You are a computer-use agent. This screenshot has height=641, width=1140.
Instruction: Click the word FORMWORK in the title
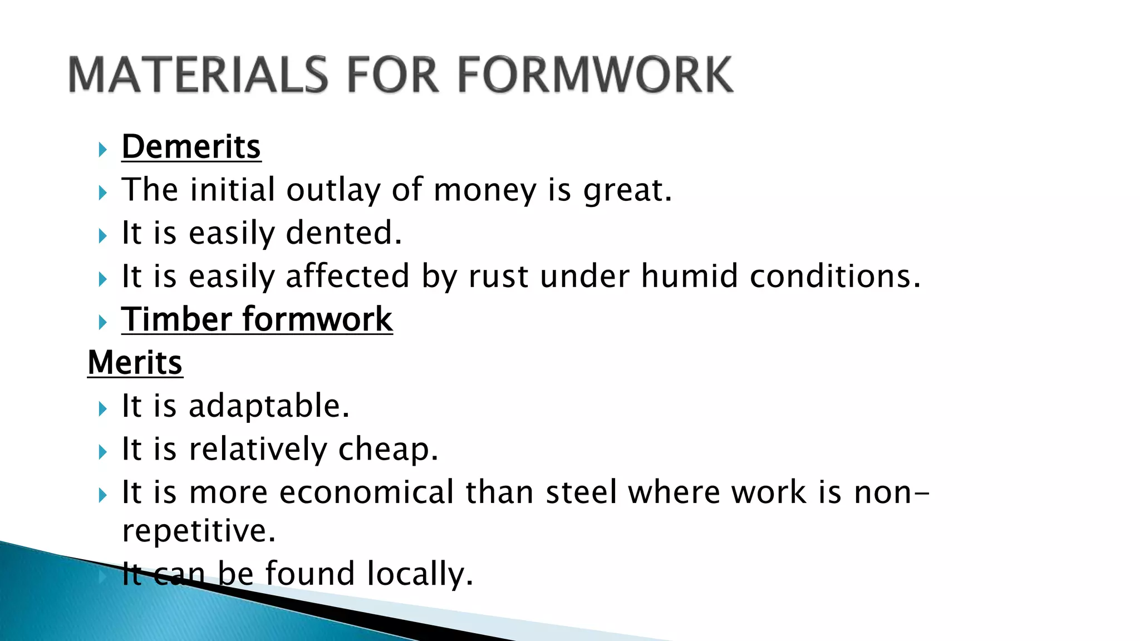pyautogui.click(x=594, y=75)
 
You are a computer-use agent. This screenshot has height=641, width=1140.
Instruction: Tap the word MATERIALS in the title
pyautogui.click(x=198, y=75)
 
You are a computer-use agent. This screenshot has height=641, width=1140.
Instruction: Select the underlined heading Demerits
pyautogui.click(x=191, y=147)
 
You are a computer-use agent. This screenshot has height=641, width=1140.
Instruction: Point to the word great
pyautogui.click(x=627, y=190)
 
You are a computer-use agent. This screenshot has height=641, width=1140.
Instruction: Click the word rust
pyautogui.click(x=498, y=276)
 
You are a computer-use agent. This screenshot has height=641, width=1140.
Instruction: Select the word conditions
pyautogui.click(x=835, y=276)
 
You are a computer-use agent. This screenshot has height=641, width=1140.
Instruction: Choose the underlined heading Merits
pyautogui.click(x=135, y=363)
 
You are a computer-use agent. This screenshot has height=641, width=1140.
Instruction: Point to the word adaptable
pyautogui.click(x=269, y=406)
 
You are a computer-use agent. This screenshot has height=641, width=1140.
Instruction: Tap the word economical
pyautogui.click(x=367, y=492)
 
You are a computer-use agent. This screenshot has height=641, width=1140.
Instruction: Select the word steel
pyautogui.click(x=581, y=492)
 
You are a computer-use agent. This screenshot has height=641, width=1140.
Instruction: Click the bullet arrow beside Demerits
pyautogui.click(x=102, y=149)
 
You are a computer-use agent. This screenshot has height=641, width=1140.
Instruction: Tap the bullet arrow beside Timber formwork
pyautogui.click(x=102, y=322)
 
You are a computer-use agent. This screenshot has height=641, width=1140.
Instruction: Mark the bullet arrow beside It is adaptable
pyautogui.click(x=102, y=409)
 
